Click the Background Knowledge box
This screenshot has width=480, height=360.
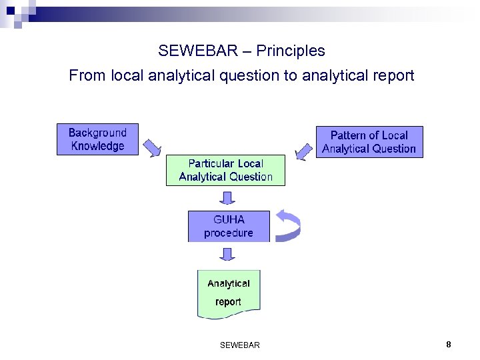point(97,139)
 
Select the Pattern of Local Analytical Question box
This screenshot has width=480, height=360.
point(369,142)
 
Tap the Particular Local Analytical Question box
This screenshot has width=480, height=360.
point(225,170)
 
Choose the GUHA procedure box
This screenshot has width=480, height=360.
point(229,226)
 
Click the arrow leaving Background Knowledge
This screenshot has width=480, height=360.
point(152,147)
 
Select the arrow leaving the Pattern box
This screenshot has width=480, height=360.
point(304,151)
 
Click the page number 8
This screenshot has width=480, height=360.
point(449,344)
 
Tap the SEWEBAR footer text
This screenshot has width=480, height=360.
point(239,345)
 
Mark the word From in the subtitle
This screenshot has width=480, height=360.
point(87,76)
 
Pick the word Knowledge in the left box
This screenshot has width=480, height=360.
point(97,146)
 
